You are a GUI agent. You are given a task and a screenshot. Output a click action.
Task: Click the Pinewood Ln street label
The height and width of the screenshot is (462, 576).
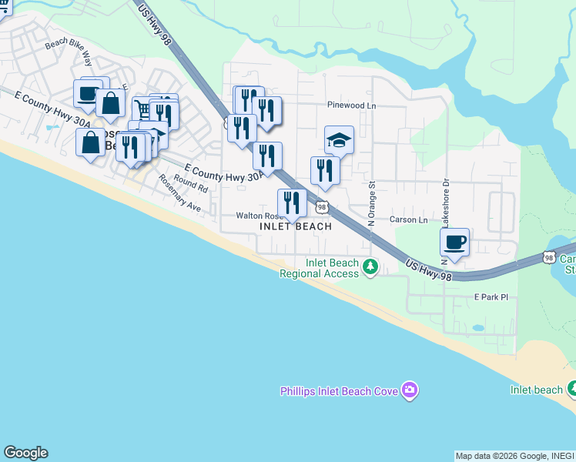(351, 105)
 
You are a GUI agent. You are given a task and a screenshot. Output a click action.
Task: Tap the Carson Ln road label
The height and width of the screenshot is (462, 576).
(408, 219)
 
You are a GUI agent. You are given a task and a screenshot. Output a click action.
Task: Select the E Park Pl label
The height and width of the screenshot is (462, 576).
(491, 296)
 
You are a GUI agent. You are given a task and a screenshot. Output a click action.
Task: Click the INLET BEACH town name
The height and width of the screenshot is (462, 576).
(296, 227)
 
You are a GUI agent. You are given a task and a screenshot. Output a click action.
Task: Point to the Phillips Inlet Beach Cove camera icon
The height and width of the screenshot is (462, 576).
(410, 391)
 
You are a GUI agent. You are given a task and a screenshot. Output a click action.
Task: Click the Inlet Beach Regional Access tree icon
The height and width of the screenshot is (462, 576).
(371, 268)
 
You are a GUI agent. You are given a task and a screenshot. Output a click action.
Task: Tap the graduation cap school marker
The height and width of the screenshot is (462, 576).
(339, 140)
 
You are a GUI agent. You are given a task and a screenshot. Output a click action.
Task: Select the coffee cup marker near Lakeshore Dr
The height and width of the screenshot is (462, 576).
(454, 242)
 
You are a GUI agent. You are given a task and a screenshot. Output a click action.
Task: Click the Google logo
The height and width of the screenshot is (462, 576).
(25, 453)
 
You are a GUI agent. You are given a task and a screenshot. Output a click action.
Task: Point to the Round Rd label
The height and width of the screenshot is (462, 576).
(191, 183)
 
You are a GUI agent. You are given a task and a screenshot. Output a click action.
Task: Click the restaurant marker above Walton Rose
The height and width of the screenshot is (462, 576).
(292, 204)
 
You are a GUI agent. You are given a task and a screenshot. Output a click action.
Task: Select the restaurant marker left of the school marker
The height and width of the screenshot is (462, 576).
(325, 171)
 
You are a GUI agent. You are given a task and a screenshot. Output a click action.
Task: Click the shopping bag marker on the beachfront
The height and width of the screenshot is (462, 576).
(90, 142)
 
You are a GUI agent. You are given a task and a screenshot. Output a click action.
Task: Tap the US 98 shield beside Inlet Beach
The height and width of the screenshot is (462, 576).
(322, 206)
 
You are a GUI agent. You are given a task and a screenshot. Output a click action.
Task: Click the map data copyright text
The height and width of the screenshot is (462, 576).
(514, 456)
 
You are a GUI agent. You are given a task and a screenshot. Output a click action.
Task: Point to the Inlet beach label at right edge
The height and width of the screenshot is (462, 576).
(537, 390)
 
